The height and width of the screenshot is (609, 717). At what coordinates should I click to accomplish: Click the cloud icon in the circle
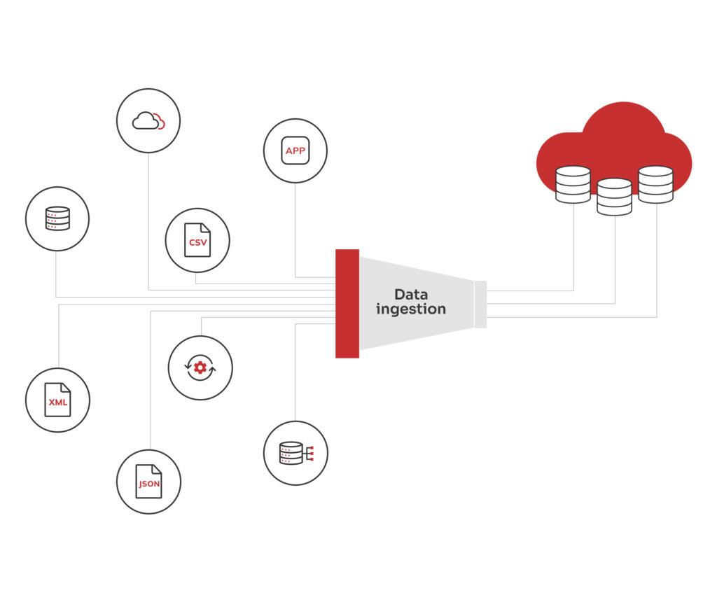point(148,121)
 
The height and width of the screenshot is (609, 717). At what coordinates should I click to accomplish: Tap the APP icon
point(295,150)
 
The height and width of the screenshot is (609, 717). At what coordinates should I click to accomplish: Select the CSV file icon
point(197,240)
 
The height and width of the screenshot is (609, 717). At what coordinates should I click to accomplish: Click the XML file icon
point(57,400)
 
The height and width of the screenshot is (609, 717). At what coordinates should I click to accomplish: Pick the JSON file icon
point(148,482)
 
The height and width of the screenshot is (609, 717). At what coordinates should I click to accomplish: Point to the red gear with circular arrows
point(200,367)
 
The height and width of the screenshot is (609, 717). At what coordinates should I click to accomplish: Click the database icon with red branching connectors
point(295,453)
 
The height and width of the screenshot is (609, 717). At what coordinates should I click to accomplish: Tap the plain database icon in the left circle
point(57,218)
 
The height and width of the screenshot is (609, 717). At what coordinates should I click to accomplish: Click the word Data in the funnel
point(410,294)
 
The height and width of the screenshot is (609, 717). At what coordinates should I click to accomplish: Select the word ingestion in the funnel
point(410,309)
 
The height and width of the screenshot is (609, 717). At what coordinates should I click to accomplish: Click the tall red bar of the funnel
point(347,303)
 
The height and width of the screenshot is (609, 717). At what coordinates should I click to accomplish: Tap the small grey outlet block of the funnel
point(480,304)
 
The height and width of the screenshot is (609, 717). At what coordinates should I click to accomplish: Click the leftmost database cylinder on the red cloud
point(573,184)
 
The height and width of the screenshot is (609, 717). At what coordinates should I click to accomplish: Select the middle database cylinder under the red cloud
point(614,196)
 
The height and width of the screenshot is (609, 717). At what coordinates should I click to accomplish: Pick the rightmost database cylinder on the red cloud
point(655,184)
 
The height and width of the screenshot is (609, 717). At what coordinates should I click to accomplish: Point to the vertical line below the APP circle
point(295,231)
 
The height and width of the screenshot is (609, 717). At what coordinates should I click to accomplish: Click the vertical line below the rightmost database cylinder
point(657,259)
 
